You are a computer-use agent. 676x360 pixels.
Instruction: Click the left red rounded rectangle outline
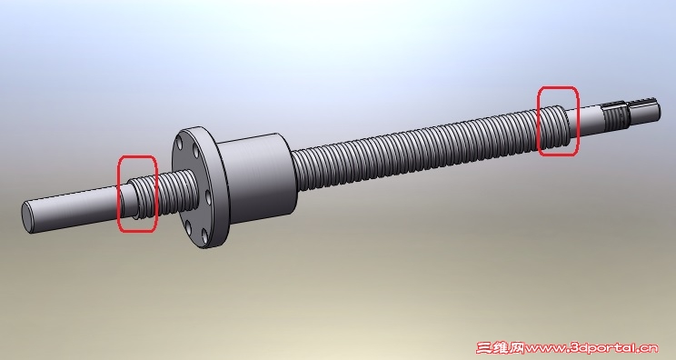(119, 194)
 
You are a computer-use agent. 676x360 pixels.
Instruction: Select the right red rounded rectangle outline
(539, 121)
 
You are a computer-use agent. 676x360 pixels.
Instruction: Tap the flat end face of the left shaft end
(27, 217)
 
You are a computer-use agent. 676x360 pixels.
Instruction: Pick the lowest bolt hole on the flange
(204, 235)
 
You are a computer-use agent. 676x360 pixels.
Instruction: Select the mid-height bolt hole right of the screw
(208, 198)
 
